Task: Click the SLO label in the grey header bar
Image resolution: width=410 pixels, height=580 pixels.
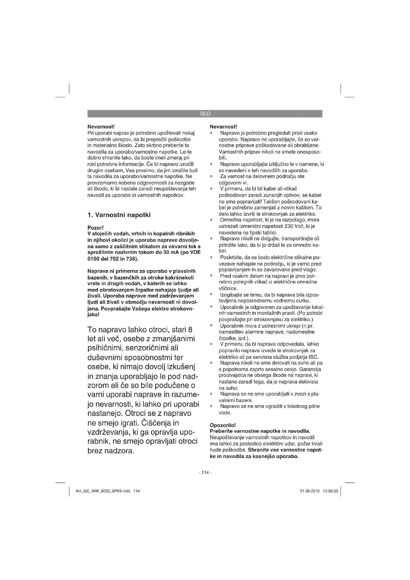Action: [205, 114]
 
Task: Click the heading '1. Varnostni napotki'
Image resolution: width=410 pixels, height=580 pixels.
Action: [119, 215]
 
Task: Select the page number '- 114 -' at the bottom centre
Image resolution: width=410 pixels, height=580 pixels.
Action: [205, 472]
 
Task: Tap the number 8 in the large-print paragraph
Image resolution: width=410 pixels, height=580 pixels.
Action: [190, 330]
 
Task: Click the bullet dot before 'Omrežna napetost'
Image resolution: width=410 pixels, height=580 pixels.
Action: [211, 220]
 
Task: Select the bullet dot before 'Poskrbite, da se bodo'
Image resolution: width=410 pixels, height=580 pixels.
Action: [211, 257]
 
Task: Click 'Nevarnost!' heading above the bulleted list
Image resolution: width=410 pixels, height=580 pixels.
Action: [223, 126]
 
